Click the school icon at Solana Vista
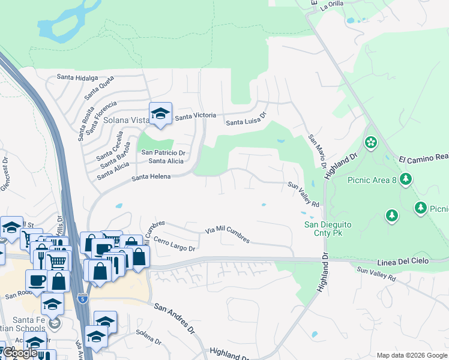point(160,114)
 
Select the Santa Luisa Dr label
point(246,119)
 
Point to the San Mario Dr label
point(318,151)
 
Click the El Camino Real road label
point(424,158)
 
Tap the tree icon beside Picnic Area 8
point(406,179)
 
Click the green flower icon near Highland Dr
point(371,143)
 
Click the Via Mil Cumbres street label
point(228,235)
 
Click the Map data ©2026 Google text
point(412,355)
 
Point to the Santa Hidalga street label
point(77,77)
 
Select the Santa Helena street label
point(151,176)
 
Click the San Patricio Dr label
point(163,153)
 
